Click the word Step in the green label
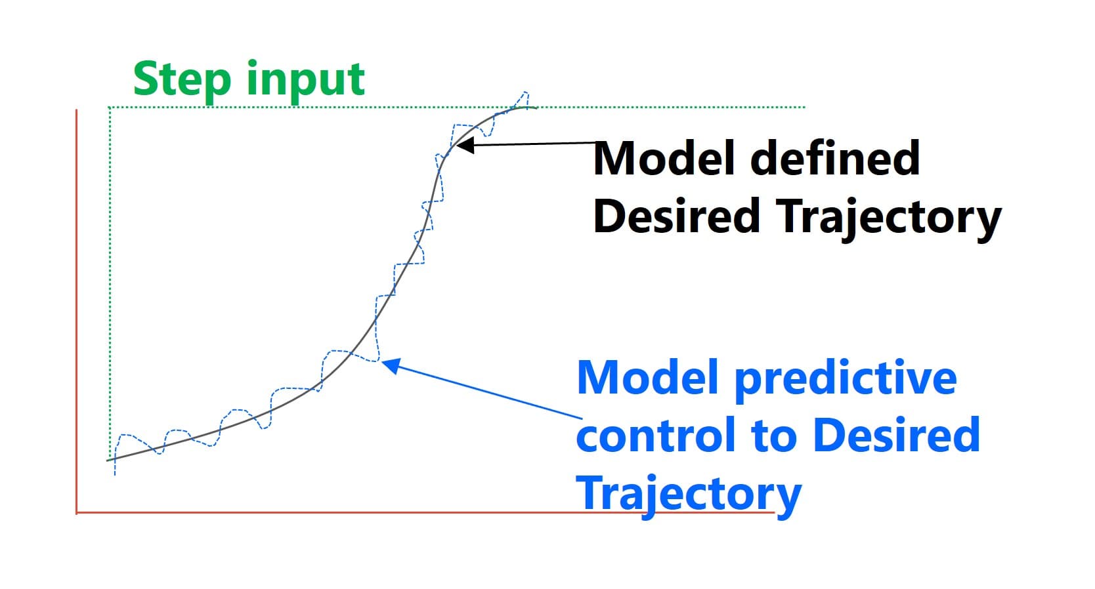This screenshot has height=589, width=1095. [182, 80]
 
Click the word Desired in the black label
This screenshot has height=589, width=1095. [676, 216]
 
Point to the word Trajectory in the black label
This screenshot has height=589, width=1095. [890, 218]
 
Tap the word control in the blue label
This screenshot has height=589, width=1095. [657, 436]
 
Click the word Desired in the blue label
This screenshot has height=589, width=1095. [896, 435]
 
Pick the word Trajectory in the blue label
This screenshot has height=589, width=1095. [688, 494]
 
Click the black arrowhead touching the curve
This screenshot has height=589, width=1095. [463, 145]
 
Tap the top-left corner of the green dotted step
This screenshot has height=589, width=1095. [110, 108]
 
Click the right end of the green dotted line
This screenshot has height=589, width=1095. [804, 107]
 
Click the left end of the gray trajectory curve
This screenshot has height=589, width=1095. [108, 460]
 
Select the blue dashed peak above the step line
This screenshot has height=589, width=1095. [525, 94]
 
